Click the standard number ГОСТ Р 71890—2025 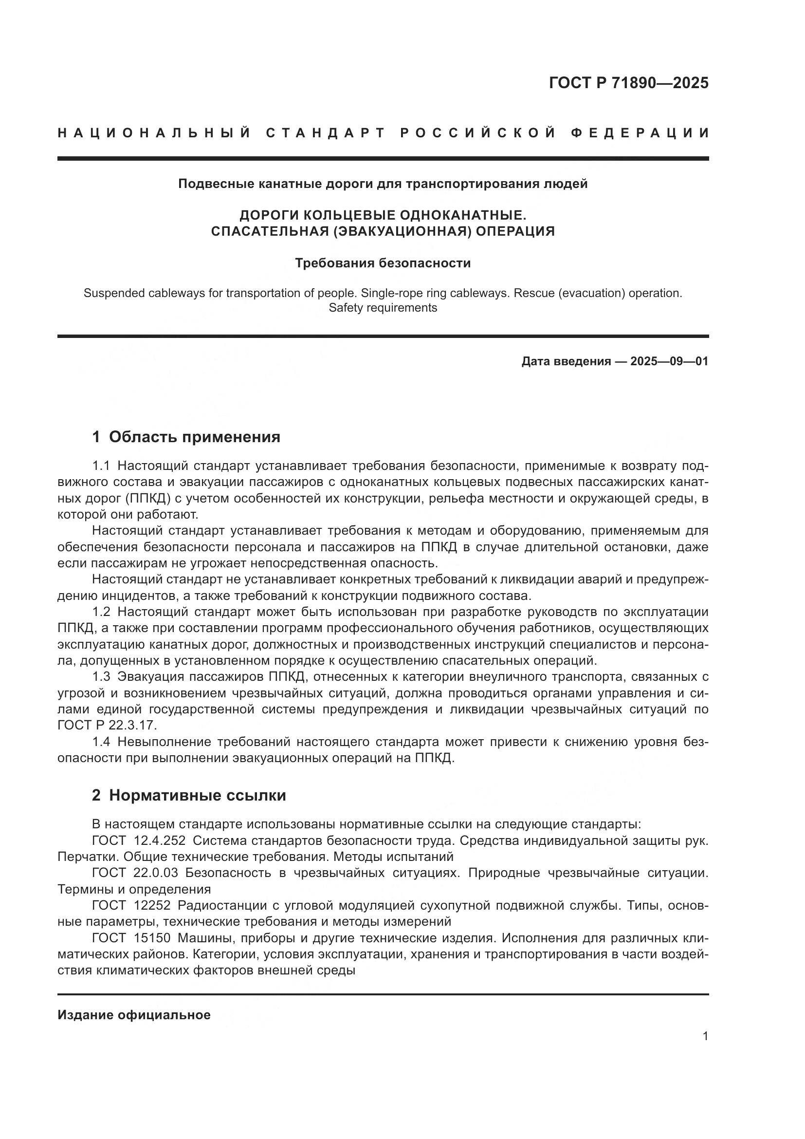[x=628, y=83]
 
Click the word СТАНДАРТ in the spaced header [x=326, y=133]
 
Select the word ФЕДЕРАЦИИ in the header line [x=640, y=133]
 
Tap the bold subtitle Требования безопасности [x=383, y=263]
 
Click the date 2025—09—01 [x=669, y=361]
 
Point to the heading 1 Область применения [x=186, y=436]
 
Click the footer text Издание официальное [x=134, y=1015]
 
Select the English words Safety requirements [x=383, y=308]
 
